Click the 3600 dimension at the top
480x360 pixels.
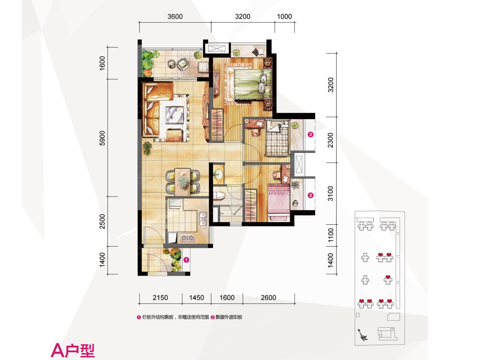[175, 17]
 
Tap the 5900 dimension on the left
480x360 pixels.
[102, 138]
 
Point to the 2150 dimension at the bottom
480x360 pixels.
[160, 298]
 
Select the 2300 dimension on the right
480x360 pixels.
[331, 140]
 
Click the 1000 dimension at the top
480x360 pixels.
[284, 17]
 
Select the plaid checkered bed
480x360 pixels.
[277, 138]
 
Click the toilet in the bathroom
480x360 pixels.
[219, 196]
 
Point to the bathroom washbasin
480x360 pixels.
[218, 175]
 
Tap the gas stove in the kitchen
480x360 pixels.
[188, 238]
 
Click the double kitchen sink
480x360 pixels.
[203, 218]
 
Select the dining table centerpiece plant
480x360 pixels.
[182, 181]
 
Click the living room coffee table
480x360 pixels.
[174, 115]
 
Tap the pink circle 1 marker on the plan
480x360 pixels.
[186, 260]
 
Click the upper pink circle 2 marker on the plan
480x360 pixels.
[310, 134]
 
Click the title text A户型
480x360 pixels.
[73, 350]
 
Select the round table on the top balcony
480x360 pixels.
[172, 64]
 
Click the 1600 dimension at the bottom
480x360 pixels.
[227, 298]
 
